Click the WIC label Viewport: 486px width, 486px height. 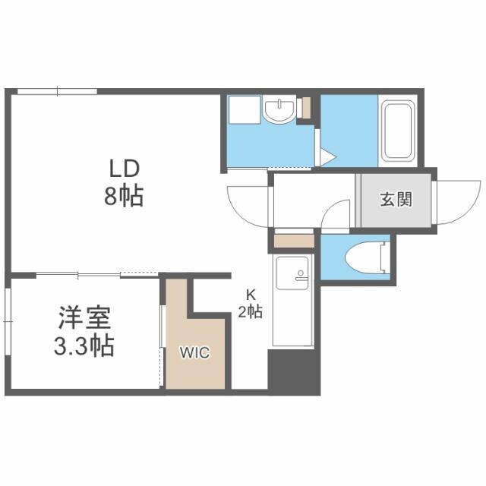(195, 352)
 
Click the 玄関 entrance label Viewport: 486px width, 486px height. (396, 200)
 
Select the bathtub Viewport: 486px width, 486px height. (398, 131)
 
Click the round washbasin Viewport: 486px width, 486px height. (280, 112)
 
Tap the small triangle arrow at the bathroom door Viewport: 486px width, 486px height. (328, 158)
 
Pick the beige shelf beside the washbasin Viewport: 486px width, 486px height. (306, 107)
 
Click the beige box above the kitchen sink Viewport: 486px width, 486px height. (292, 241)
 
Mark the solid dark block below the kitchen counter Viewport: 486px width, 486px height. (293, 374)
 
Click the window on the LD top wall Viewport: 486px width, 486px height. (57, 92)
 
